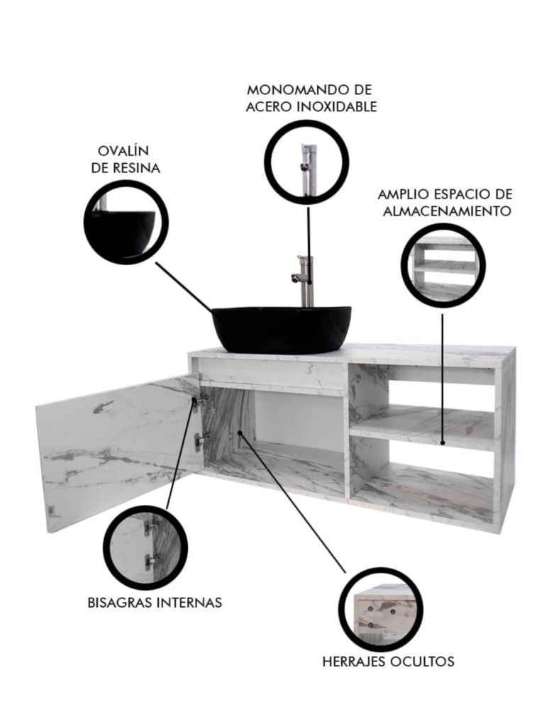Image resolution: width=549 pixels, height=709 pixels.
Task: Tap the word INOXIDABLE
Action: pos(337,107)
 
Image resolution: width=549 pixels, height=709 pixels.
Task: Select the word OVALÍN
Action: pos(123,150)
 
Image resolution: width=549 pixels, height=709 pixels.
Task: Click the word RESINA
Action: pos(137,168)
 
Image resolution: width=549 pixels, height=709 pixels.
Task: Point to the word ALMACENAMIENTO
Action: pos(447,211)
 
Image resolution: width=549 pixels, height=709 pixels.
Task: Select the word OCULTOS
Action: pos(422,661)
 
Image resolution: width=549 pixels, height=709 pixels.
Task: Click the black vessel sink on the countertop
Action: pos(282,329)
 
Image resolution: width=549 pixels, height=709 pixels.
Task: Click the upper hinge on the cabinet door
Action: pos(198,402)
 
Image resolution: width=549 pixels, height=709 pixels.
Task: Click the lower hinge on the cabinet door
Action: pos(199,440)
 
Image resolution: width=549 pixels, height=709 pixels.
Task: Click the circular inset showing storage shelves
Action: pos(443,265)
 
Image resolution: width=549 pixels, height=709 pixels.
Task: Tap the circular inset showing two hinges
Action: pos(145,547)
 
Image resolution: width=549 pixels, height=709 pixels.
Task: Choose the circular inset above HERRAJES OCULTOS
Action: pos(381,610)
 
